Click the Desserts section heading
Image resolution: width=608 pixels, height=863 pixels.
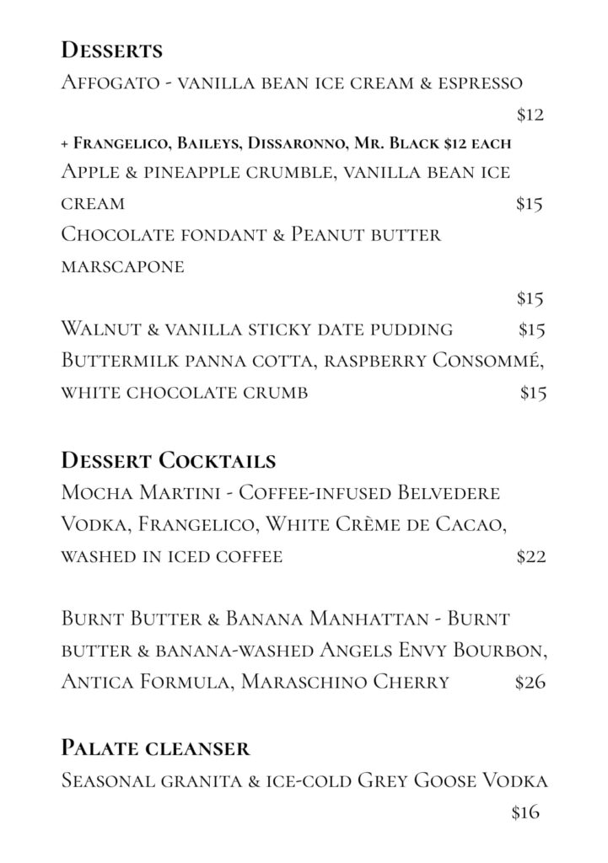click(x=112, y=51)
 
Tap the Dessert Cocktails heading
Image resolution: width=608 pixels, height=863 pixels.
click(x=169, y=461)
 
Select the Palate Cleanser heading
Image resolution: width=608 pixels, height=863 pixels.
click(x=155, y=748)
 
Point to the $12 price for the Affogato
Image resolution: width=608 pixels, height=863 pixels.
click(x=530, y=115)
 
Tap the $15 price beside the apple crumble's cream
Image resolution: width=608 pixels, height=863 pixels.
click(x=529, y=204)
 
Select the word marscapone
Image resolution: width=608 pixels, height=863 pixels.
click(x=122, y=267)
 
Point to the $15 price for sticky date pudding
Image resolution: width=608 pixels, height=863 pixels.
click(x=532, y=329)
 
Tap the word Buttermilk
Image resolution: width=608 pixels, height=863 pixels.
click(x=117, y=361)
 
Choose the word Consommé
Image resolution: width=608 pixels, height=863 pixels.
click(x=488, y=361)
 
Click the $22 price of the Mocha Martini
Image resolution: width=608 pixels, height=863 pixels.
click(x=530, y=557)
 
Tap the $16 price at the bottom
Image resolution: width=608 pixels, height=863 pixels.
click(x=525, y=813)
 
